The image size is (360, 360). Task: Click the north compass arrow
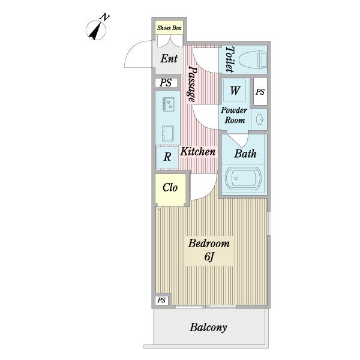point(95,31)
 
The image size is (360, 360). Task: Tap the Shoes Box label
point(169,28)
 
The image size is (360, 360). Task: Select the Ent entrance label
point(169,59)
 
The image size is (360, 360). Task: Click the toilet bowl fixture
point(253,60)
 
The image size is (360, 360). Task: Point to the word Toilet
point(230,59)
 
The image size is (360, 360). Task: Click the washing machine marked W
point(235,91)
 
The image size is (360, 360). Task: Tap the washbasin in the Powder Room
point(260,119)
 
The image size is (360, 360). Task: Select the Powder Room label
point(234,115)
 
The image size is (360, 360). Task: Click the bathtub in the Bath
point(243,178)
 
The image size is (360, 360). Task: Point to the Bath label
point(245,154)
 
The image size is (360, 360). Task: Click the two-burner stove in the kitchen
point(169,104)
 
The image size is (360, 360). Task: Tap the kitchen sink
point(168,133)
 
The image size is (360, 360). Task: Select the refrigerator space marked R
point(167,157)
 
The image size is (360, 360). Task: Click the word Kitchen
point(198,152)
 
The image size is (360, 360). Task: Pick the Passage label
point(193,84)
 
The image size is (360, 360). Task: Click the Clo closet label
point(170,188)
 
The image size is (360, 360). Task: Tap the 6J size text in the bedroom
point(209,256)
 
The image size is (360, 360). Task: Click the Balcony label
point(208,327)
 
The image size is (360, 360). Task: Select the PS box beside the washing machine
point(260,91)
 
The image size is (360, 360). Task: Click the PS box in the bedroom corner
point(161,300)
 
